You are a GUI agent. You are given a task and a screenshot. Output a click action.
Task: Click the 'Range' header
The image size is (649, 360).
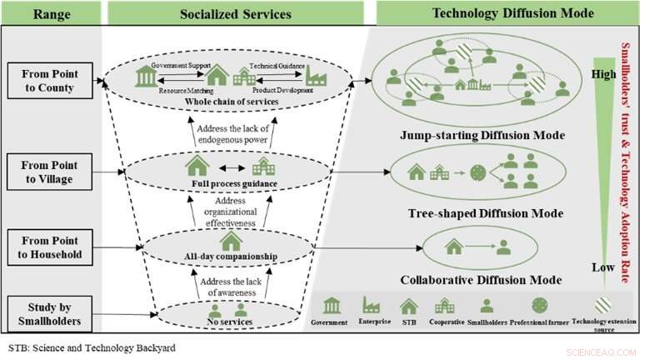[x=50, y=12]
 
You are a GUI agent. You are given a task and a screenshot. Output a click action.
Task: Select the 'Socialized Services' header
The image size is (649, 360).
[x=236, y=12]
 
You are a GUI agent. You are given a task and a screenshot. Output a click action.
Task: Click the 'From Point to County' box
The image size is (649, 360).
[x=49, y=80]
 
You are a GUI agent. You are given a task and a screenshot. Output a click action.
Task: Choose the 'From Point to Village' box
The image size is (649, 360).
[x=49, y=173]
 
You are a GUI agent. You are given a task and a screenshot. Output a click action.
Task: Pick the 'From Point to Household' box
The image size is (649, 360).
[x=49, y=246]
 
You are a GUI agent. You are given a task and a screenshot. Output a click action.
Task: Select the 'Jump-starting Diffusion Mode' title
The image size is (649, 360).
[x=482, y=135]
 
